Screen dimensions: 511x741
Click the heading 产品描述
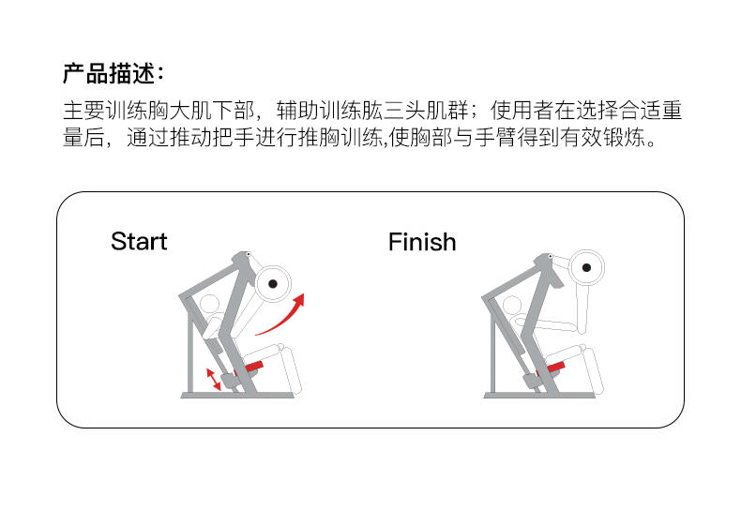[x=113, y=73]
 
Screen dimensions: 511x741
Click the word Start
[x=139, y=242]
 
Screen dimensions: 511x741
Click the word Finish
[x=422, y=242]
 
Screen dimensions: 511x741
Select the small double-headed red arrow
[x=215, y=379]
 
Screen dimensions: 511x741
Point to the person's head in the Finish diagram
[x=512, y=307]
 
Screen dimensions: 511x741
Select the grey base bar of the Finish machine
[x=539, y=395]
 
